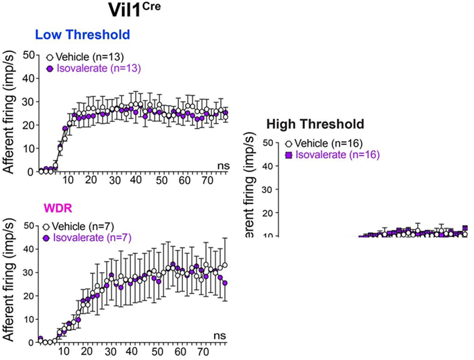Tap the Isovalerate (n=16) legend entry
click(337, 154)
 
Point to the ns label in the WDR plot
click(220, 336)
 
